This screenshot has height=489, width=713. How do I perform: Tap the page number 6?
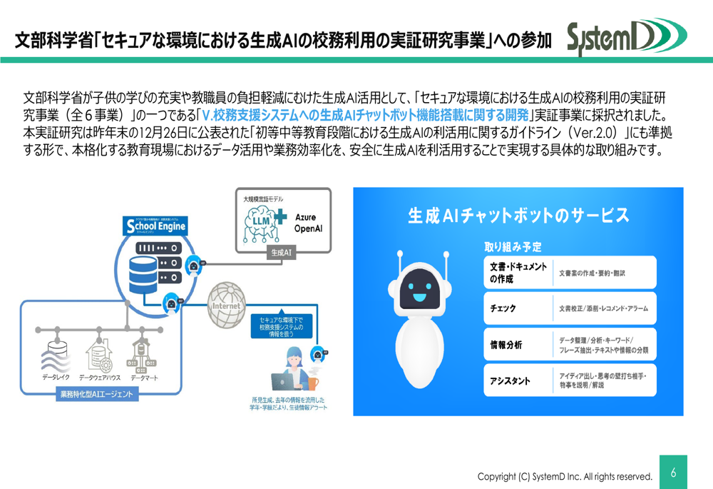click(x=673, y=472)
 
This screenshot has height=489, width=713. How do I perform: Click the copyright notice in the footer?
click(x=565, y=476)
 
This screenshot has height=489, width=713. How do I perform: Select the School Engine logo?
click(x=155, y=226)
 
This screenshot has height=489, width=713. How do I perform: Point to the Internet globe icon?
click(x=226, y=305)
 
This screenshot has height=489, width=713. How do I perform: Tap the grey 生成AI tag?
click(x=280, y=253)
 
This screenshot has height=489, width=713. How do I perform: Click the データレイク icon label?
click(x=56, y=376)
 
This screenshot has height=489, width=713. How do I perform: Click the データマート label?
click(x=145, y=376)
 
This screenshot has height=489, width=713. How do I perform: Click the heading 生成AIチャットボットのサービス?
click(x=518, y=216)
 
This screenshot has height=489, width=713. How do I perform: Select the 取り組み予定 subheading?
click(x=513, y=247)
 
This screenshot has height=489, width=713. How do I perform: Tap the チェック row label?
click(x=503, y=308)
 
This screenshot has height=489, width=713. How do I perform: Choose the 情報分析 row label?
click(x=506, y=345)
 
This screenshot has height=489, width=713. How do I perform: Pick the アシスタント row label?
click(x=510, y=380)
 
